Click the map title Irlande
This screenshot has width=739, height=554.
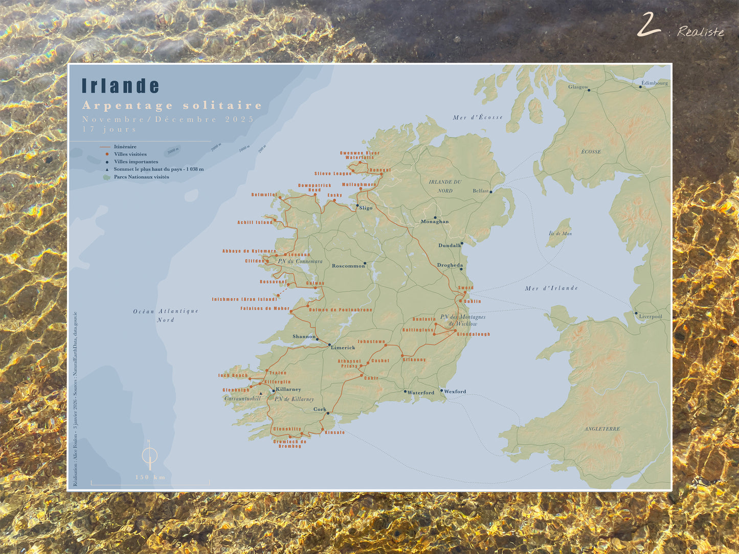pyautogui.click(x=121, y=86)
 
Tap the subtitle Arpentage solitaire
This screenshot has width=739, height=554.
pyautogui.click(x=172, y=105)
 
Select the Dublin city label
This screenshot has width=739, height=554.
pyautogui.click(x=472, y=302)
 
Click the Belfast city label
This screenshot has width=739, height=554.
pyautogui.click(x=480, y=191)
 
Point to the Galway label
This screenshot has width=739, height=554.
pyautogui.click(x=315, y=283)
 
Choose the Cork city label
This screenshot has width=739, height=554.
pyautogui.click(x=320, y=409)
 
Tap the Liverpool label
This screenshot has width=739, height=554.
pyautogui.click(x=650, y=316)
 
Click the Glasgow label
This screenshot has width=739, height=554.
pyautogui.click(x=578, y=87)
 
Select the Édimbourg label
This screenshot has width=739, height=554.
pyautogui.click(x=654, y=83)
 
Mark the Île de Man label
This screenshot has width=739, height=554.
pyautogui.click(x=560, y=234)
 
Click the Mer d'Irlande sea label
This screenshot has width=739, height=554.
pyautogui.click(x=551, y=288)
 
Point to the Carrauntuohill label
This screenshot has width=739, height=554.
pyautogui.click(x=242, y=399)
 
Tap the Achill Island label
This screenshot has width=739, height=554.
pyautogui.click(x=255, y=222)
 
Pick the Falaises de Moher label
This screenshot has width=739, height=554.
pyautogui.click(x=265, y=309)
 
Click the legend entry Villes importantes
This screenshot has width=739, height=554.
pyautogui.click(x=136, y=161)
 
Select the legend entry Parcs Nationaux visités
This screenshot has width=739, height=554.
pyautogui.click(x=141, y=177)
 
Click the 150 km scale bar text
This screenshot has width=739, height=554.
pyautogui.click(x=150, y=477)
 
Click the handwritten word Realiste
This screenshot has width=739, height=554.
pyautogui.click(x=701, y=32)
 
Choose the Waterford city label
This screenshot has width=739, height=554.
pyautogui.click(x=420, y=393)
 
